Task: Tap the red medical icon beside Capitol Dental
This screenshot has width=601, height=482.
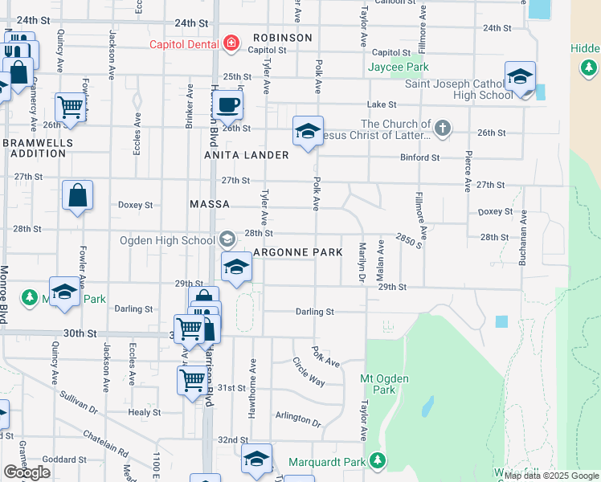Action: pyautogui.click(x=231, y=43)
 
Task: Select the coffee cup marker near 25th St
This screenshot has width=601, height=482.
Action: pyautogui.click(x=228, y=104)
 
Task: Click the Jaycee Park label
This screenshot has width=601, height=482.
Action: pyautogui.click(x=399, y=67)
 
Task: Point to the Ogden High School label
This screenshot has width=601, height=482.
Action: pyautogui.click(x=167, y=239)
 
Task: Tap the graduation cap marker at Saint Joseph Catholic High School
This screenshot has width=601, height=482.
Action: pyautogui.click(x=521, y=78)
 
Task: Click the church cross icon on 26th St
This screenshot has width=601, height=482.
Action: pyautogui.click(x=442, y=128)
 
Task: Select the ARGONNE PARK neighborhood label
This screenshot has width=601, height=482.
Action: pyautogui.click(x=298, y=252)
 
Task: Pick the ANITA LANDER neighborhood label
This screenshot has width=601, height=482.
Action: pyautogui.click(x=246, y=154)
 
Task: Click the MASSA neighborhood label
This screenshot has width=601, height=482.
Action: pyautogui.click(x=210, y=205)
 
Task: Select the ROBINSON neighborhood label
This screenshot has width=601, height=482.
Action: pyautogui.click(x=282, y=38)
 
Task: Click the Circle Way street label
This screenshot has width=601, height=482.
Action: pyautogui.click(x=309, y=371)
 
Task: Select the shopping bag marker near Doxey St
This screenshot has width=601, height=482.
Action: pyautogui.click(x=77, y=196)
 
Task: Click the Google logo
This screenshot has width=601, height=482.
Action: pyautogui.click(x=27, y=472)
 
